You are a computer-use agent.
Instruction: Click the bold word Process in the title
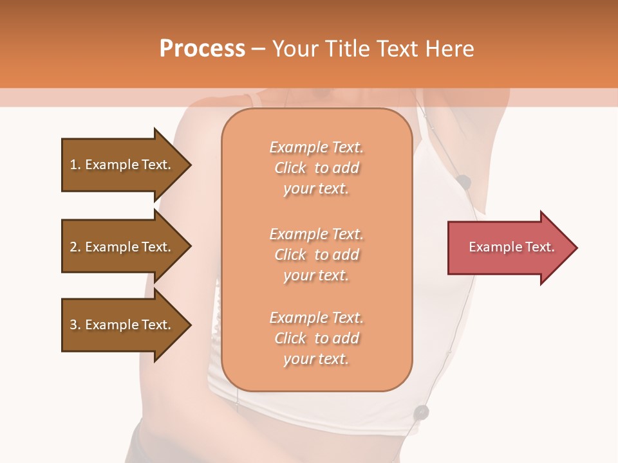coord(202,49)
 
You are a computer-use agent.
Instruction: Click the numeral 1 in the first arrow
coord(73,165)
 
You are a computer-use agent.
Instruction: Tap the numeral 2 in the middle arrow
coord(73,247)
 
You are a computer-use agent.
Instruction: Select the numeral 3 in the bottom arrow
coord(73,325)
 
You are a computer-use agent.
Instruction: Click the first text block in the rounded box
coord(316,168)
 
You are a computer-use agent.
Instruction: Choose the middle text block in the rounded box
coord(316,255)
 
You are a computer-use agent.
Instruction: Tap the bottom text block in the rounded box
coord(316,338)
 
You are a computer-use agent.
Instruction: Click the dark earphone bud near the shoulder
coord(464,183)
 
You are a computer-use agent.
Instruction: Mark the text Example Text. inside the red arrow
coord(512,247)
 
